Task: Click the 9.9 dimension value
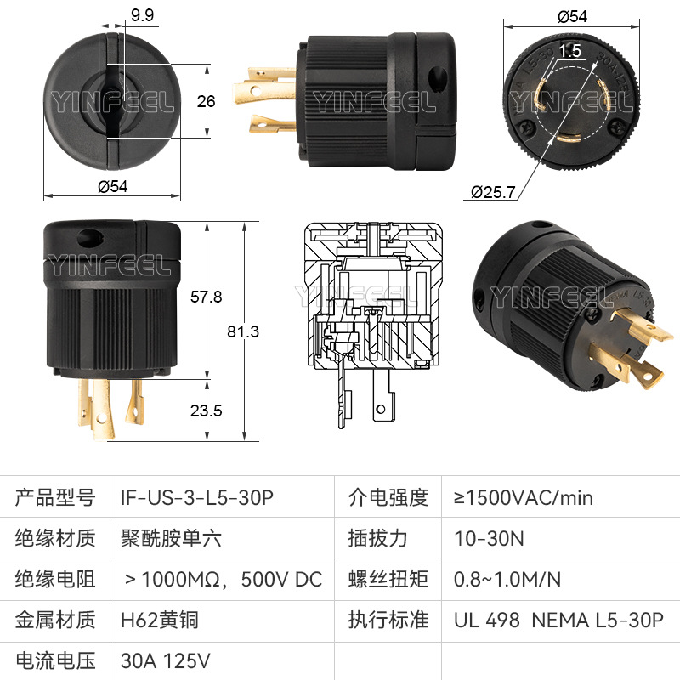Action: (x=142, y=15)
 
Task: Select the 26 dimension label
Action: (x=206, y=101)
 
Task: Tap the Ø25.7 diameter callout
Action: (x=493, y=192)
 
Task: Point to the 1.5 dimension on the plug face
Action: (x=569, y=51)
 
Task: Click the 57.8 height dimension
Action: (x=206, y=297)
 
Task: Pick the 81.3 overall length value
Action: (x=243, y=331)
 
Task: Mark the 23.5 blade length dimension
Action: (x=206, y=411)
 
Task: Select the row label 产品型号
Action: (x=55, y=497)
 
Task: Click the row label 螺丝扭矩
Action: (x=388, y=579)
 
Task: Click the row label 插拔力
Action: (x=377, y=538)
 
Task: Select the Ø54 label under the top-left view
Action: (x=113, y=186)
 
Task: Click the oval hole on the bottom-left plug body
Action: (x=90, y=237)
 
